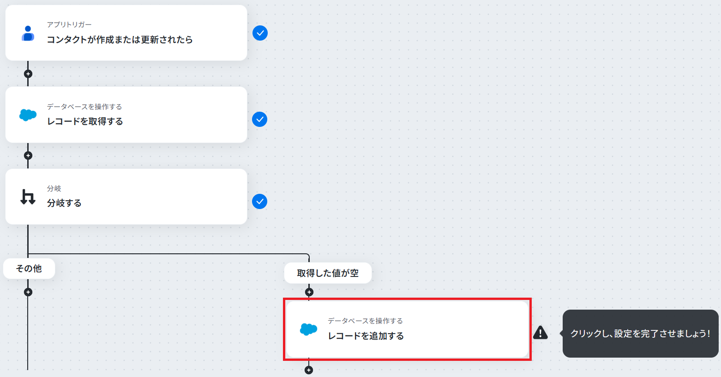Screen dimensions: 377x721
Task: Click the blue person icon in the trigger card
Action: point(28,34)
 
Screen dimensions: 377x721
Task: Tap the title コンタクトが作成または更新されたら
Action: point(120,40)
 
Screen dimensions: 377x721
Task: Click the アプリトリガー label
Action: point(69,24)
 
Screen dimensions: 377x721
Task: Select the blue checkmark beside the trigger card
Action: point(260,33)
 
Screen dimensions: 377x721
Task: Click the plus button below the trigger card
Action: point(28,74)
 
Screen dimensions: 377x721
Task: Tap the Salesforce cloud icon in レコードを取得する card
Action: point(28,115)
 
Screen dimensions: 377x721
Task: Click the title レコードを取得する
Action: point(85,121)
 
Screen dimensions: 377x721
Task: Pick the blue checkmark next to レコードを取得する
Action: point(260,120)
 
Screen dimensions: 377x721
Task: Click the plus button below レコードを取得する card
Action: point(28,156)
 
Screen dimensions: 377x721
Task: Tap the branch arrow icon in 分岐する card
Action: point(28,197)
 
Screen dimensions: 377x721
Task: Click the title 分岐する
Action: point(64,203)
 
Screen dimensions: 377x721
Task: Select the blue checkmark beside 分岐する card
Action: point(260,202)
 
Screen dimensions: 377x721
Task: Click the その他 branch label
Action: point(29,269)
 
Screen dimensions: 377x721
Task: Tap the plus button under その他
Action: point(28,292)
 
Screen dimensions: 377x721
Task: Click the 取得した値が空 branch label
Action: point(328,273)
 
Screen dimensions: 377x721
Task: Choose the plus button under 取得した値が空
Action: point(309,292)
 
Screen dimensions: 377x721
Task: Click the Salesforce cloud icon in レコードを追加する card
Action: point(308,329)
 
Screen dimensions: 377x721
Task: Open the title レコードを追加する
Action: point(366,336)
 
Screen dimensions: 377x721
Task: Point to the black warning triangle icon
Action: point(541,333)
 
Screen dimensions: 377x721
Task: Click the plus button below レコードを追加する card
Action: point(309,370)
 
